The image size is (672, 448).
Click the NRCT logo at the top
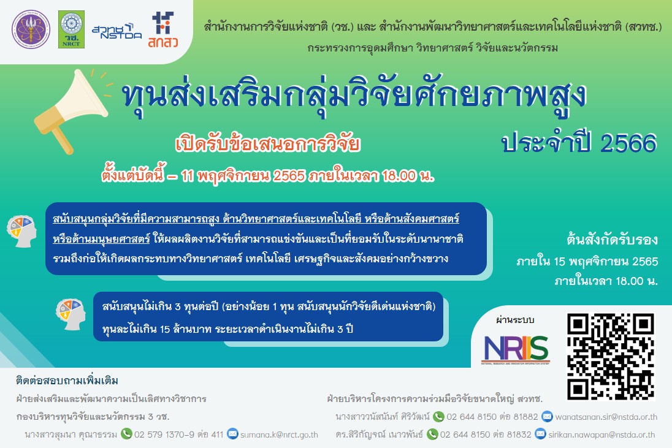(x=72, y=29)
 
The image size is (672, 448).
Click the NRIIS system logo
(x=516, y=349)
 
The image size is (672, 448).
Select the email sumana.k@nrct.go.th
(x=279, y=435)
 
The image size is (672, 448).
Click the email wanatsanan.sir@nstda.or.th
(x=607, y=417)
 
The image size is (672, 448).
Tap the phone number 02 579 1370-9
(x=165, y=435)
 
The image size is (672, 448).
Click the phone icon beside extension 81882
(x=438, y=417)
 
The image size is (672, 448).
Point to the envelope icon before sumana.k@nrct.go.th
(x=232, y=435)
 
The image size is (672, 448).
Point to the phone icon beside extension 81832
(x=432, y=435)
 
